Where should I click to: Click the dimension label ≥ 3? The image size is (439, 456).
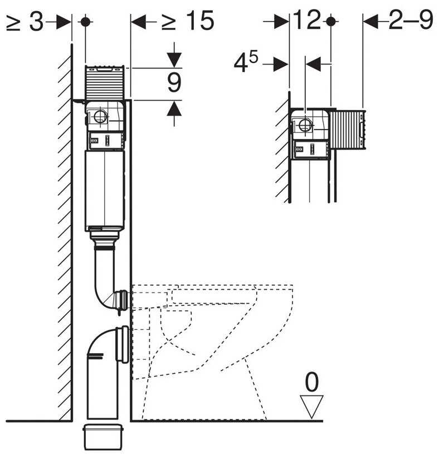(x=25, y=22)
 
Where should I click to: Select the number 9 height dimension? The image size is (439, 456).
(x=174, y=83)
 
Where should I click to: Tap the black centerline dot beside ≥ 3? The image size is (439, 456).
(x=85, y=22)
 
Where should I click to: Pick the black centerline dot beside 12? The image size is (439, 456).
(x=330, y=22)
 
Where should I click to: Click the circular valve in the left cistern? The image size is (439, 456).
(x=101, y=117)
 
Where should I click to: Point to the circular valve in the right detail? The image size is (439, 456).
(x=305, y=125)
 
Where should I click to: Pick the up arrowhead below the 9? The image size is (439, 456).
(x=174, y=108)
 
